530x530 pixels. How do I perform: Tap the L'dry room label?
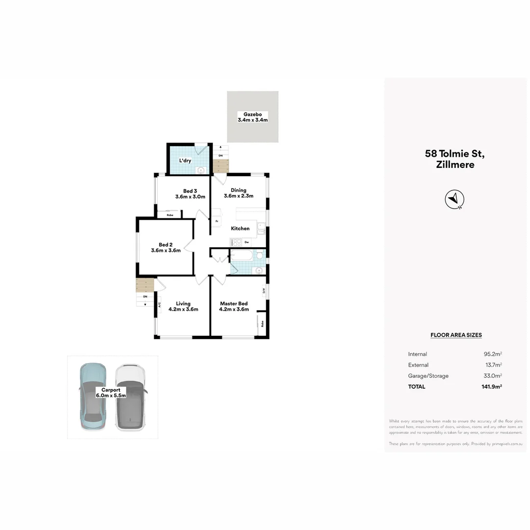[185, 160]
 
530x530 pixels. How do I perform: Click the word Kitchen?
[240, 228]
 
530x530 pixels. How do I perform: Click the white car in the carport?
[131, 397]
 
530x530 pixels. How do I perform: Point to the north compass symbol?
[454, 199]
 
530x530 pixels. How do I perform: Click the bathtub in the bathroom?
[242, 255]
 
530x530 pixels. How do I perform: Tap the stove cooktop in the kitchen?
[236, 242]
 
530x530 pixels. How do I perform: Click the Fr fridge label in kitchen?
[217, 221]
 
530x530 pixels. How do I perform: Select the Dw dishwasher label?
[247, 242]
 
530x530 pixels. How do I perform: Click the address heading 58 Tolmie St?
[455, 154]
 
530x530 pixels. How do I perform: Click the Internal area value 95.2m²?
[492, 354]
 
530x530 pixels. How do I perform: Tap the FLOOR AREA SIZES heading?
[456, 335]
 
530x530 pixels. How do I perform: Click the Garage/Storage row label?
[428, 376]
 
